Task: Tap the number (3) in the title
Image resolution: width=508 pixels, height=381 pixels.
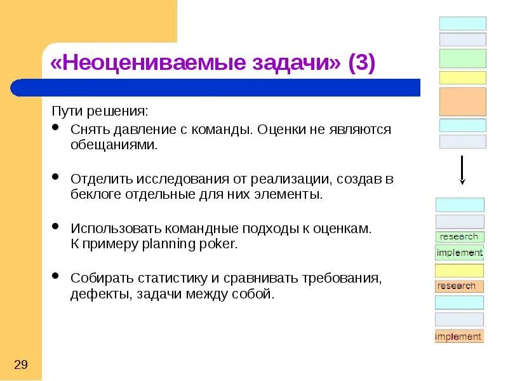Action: pyautogui.click(x=361, y=63)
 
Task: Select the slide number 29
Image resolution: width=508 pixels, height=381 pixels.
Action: pyautogui.click(x=20, y=364)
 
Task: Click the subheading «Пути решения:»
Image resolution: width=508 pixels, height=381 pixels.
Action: pyautogui.click(x=100, y=111)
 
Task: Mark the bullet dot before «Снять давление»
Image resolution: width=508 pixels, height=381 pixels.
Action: pyautogui.click(x=57, y=128)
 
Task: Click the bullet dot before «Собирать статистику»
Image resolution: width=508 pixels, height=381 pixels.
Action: pyautogui.click(x=57, y=276)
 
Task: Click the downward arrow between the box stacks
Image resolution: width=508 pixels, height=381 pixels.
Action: pyautogui.click(x=462, y=170)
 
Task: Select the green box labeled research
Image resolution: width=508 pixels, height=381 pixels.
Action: pyautogui.click(x=459, y=237)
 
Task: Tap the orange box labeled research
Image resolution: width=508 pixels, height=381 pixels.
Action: pyautogui.click(x=459, y=286)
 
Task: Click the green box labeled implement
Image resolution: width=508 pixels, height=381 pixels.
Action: pyautogui.click(x=459, y=253)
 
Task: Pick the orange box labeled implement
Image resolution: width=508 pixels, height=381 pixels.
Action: pyautogui.click(x=459, y=337)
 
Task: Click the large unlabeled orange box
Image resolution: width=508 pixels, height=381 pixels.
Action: pyautogui.click(x=462, y=102)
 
